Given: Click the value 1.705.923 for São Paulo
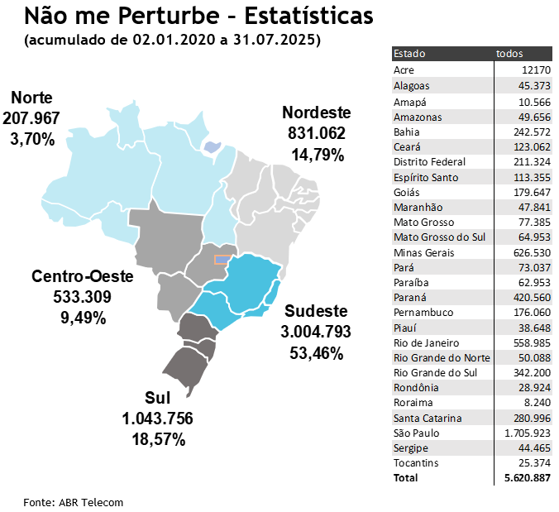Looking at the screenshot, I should [527, 433].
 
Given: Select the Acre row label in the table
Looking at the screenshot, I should [404, 69].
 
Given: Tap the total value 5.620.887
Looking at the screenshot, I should [527, 478].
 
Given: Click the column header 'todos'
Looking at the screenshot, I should [509, 54].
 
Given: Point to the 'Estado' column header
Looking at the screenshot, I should [409, 54].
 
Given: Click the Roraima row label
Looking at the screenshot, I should [412, 403].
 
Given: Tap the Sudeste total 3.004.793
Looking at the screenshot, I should [316, 333].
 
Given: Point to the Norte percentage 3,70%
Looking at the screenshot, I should [32, 138].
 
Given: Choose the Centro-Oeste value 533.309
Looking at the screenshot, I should [71, 297].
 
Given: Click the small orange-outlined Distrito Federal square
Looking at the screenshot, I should [221, 259].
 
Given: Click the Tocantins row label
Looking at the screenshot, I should [416, 462].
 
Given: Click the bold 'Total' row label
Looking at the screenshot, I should [406, 478].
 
